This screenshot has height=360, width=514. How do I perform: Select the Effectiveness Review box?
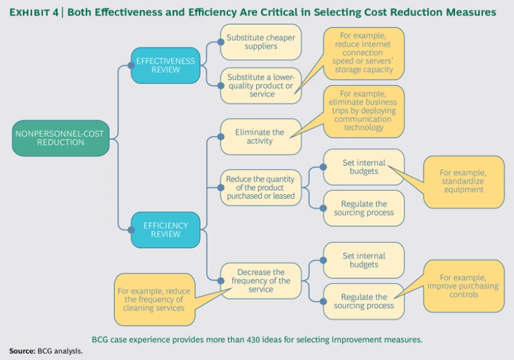click(165, 66)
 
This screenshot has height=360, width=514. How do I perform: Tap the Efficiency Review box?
click(165, 230)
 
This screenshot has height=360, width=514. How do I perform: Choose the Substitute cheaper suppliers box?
click(260, 42)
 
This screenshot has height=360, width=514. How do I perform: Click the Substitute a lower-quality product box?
click(260, 85)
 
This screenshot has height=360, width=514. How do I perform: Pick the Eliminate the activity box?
click(260, 137)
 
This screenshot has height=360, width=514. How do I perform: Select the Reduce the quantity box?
click(260, 187)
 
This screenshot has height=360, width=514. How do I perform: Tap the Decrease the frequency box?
click(260, 280)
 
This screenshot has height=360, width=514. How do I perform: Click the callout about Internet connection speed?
click(363, 53)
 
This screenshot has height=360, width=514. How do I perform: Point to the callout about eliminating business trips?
click(364, 111)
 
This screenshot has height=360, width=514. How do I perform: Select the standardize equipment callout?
click(463, 181)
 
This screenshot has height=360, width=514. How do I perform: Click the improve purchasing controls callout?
click(463, 286)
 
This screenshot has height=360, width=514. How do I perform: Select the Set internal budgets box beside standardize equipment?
click(363, 167)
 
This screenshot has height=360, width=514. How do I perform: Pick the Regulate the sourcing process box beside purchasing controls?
click(363, 301)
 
